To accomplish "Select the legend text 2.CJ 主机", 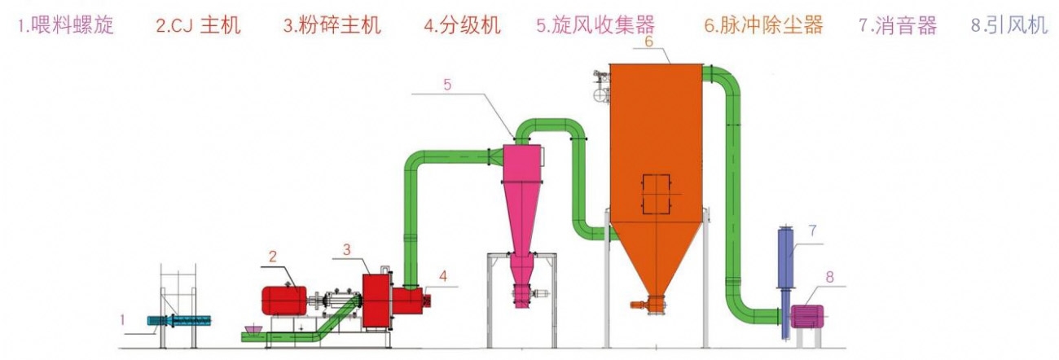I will pos(199,25).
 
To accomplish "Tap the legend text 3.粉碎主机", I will pos(332,25).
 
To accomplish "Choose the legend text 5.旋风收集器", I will pos(595,25).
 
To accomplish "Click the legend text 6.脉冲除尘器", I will pos(764,25).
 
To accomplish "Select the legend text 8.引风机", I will pos(1008,25).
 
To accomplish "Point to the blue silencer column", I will pos(786,257).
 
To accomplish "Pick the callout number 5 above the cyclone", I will pos(446,84).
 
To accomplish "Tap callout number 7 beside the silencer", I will pos(812,230).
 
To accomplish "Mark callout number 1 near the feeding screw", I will pos(123,320).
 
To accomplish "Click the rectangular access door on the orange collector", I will pos(656,194).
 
